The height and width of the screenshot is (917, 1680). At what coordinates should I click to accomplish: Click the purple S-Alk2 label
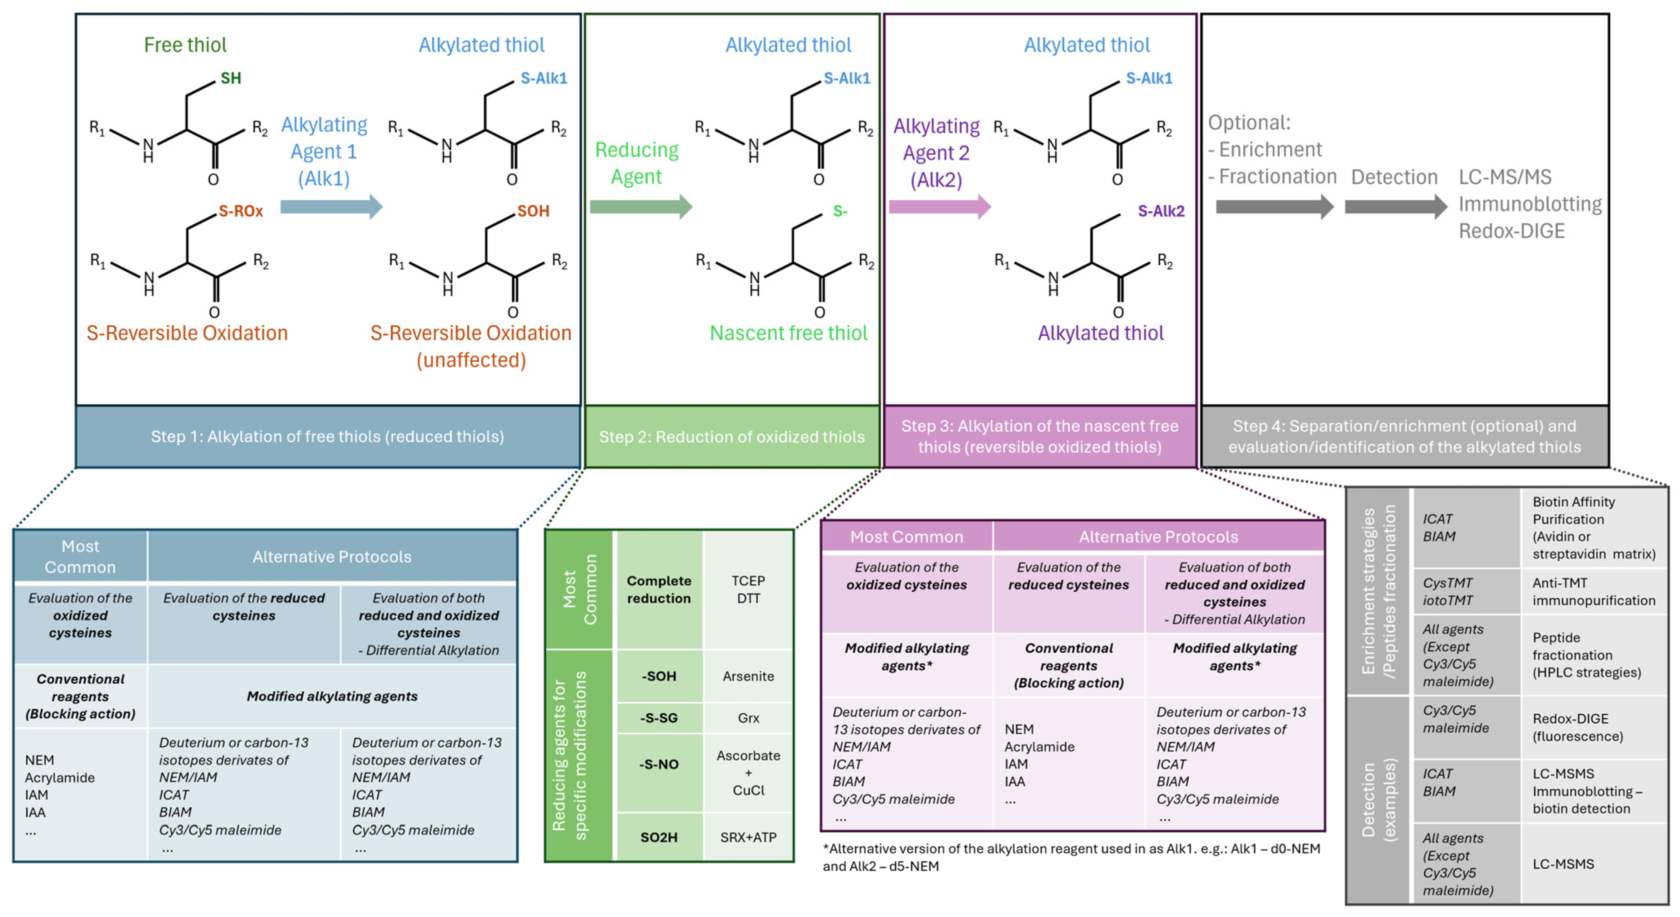pyautogui.click(x=1160, y=211)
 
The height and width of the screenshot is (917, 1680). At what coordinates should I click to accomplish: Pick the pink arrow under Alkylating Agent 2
pyautogui.click(x=939, y=207)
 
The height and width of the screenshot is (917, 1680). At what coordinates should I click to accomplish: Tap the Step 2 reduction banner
pyautogui.click(x=732, y=436)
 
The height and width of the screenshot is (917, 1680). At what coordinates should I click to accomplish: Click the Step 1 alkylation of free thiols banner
pyautogui.click(x=327, y=436)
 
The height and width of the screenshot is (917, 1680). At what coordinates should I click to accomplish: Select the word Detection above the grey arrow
pyautogui.click(x=1394, y=177)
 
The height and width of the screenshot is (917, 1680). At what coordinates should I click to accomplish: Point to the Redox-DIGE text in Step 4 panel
pyautogui.click(x=1511, y=231)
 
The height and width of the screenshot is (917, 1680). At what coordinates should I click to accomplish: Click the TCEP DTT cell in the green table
pyautogui.click(x=748, y=590)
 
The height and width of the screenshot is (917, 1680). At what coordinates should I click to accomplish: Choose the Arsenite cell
pyautogui.click(x=748, y=676)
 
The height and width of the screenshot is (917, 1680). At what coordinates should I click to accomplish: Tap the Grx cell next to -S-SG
pyautogui.click(x=748, y=718)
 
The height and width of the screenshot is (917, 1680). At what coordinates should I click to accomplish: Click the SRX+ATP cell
pyautogui.click(x=748, y=837)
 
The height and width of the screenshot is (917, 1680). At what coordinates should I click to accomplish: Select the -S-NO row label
pyautogui.click(x=659, y=765)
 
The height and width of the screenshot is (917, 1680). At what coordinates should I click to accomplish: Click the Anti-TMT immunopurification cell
pyautogui.click(x=1593, y=592)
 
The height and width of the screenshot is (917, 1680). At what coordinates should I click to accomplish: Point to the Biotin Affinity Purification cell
pyautogui.click(x=1593, y=528)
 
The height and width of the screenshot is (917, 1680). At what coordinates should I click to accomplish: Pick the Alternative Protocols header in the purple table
pyautogui.click(x=1158, y=537)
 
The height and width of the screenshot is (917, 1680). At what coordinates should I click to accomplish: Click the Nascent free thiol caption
pyautogui.click(x=789, y=333)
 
